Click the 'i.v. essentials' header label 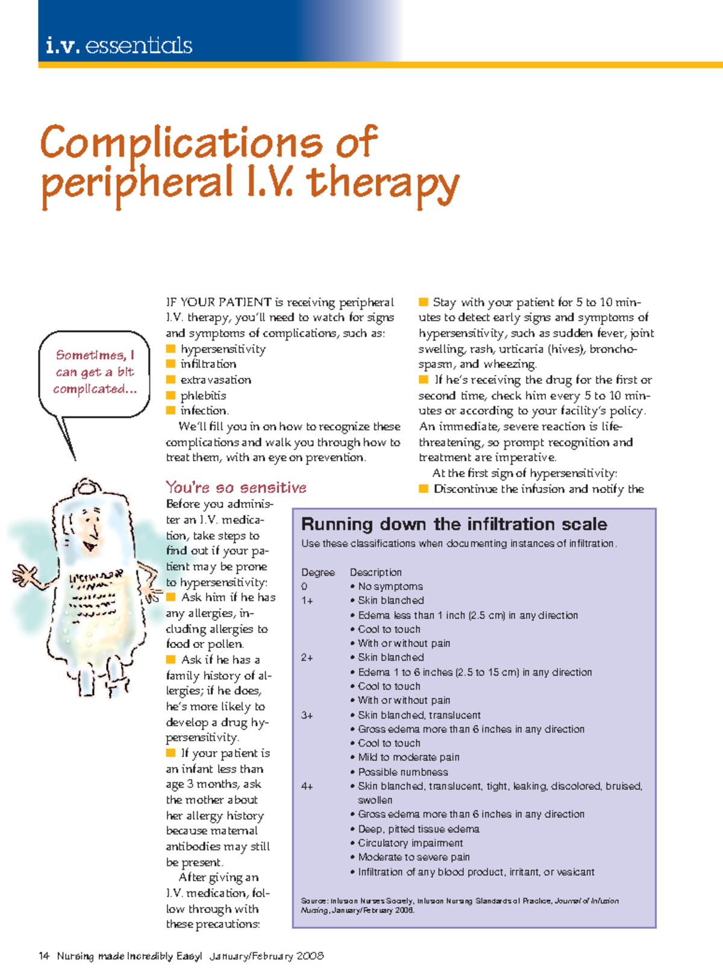point(119,46)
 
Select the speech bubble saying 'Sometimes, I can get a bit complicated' point(94,372)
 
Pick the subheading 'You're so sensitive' point(236,488)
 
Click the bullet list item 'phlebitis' point(203,395)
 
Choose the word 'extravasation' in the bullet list point(216,380)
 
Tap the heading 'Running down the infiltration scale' point(454,524)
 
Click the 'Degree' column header point(318,572)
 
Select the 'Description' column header point(375,572)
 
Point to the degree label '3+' point(307,715)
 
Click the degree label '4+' point(307,787)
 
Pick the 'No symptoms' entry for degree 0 point(390,586)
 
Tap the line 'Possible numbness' point(402,772)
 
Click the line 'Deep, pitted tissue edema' point(418,829)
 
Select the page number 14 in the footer point(43,956)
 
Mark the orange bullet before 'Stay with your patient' point(424,302)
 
